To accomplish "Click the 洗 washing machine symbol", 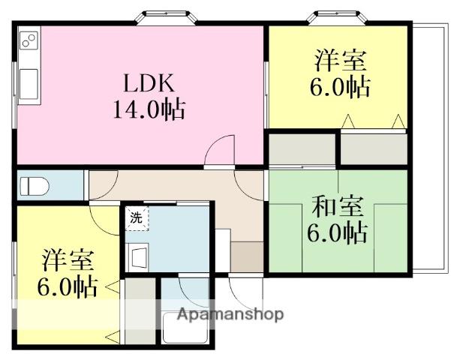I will (x=136, y=218).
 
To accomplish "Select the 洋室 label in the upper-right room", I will (x=340, y=59).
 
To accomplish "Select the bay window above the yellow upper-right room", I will (x=339, y=17).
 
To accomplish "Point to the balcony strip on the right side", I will (x=428, y=150).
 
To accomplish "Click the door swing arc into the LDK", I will (x=221, y=150).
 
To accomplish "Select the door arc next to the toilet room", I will (x=104, y=182).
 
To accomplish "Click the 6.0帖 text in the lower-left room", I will (x=67, y=286).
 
